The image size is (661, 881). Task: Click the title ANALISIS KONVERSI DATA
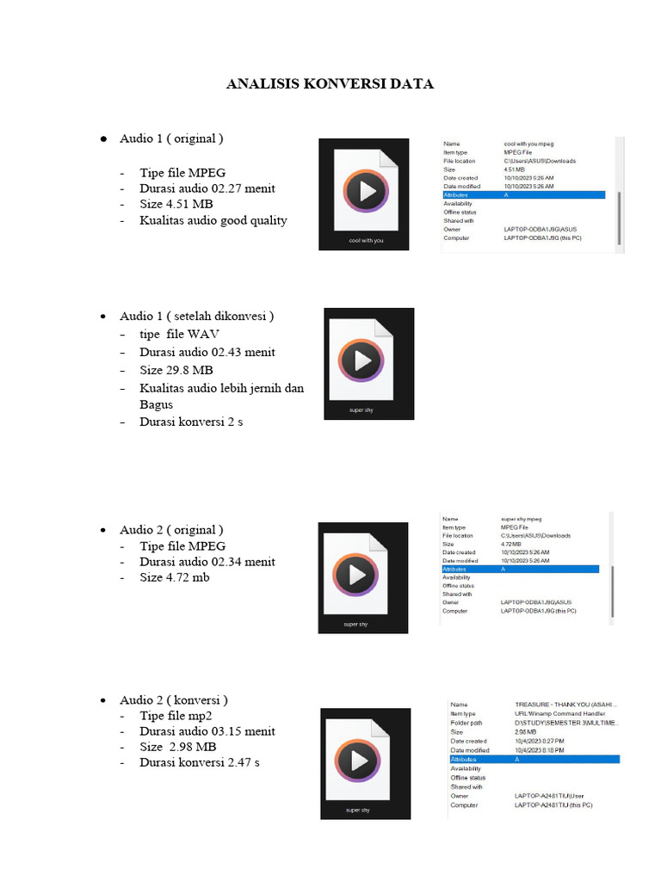click(330, 84)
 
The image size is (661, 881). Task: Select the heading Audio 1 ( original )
click(171, 139)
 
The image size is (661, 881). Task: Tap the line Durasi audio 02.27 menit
click(207, 188)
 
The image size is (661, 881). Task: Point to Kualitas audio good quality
click(213, 220)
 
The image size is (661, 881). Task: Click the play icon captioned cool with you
click(365, 191)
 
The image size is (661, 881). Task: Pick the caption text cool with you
click(364, 241)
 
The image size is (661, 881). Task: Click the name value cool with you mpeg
click(528, 144)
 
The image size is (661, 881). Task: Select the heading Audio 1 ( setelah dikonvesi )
click(196, 316)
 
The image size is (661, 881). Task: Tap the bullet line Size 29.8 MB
click(176, 370)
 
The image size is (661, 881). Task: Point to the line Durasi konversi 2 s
click(191, 422)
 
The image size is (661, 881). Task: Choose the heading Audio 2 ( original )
click(171, 529)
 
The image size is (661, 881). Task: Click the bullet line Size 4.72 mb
click(175, 577)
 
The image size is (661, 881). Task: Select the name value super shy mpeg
click(522, 520)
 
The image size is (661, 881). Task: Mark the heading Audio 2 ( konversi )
click(174, 699)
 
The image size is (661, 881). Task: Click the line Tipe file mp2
click(176, 715)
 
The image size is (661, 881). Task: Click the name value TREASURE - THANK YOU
click(565, 705)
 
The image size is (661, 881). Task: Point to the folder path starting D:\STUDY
click(565, 723)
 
